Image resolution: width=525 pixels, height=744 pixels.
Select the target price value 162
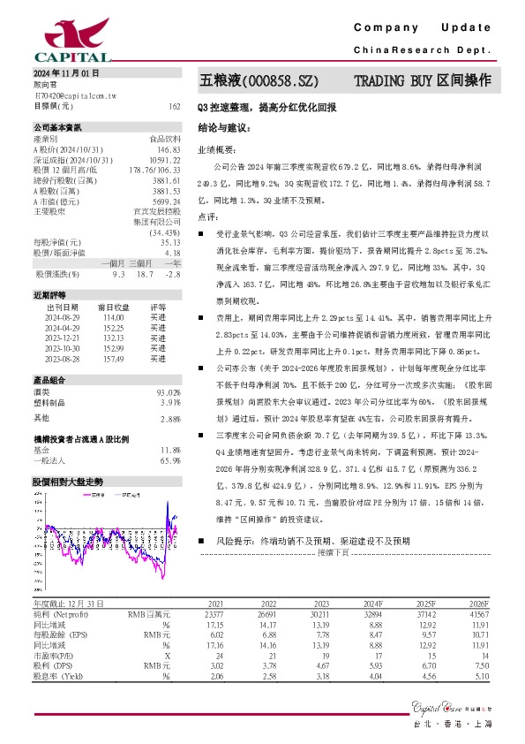click(x=175, y=105)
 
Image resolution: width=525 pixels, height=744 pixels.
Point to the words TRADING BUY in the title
click(x=394, y=81)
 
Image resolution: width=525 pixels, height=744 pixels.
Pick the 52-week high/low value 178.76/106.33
click(x=155, y=170)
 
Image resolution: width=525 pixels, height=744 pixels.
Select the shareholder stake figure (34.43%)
click(x=164, y=232)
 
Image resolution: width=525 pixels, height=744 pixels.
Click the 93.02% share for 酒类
click(x=169, y=392)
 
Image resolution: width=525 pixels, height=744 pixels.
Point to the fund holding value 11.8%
click(x=170, y=451)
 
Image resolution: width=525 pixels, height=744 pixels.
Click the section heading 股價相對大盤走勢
click(x=67, y=482)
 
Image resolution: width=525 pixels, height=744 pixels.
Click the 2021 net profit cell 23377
click(x=213, y=612)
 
